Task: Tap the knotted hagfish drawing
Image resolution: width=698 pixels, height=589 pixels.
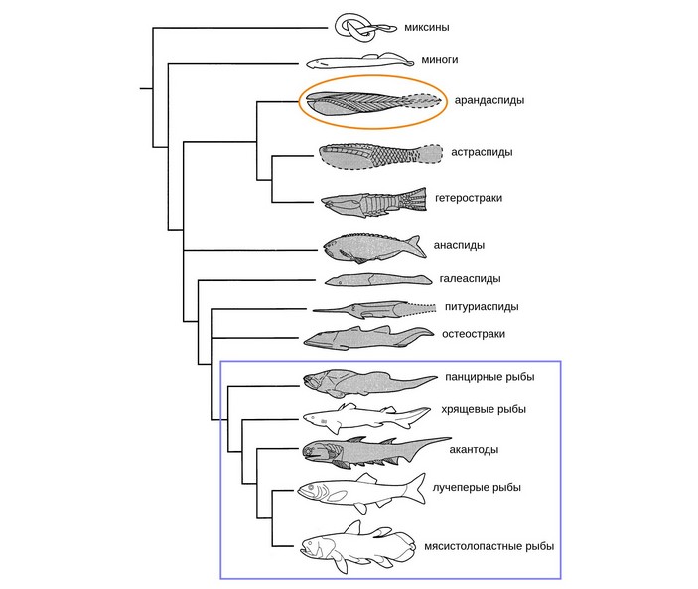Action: point(355,27)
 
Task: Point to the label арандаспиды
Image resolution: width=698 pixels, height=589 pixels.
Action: point(489,100)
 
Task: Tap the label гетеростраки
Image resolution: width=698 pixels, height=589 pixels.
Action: point(468,198)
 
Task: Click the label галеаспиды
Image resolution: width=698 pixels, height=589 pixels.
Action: point(469,278)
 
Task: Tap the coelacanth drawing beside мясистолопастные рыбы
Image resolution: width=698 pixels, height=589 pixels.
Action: point(352,546)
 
